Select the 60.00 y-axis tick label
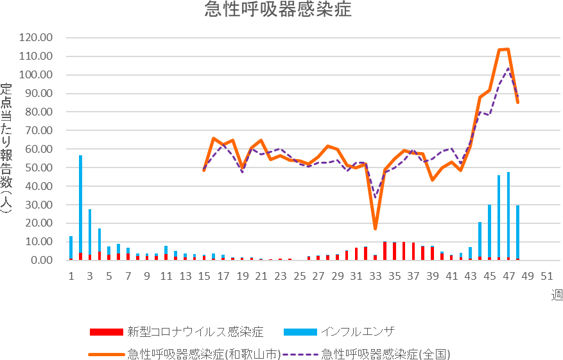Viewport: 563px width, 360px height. pyautogui.click(x=35, y=149)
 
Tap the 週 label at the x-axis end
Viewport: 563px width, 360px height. pyautogui.click(x=556, y=295)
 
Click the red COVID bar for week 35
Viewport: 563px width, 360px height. pyautogui.click(x=394, y=251)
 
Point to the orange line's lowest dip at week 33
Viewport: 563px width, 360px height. pyautogui.click(x=375, y=228)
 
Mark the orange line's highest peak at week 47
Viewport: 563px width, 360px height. pyautogui.click(x=508, y=49)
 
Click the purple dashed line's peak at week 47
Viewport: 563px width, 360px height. pyautogui.click(x=508, y=68)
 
